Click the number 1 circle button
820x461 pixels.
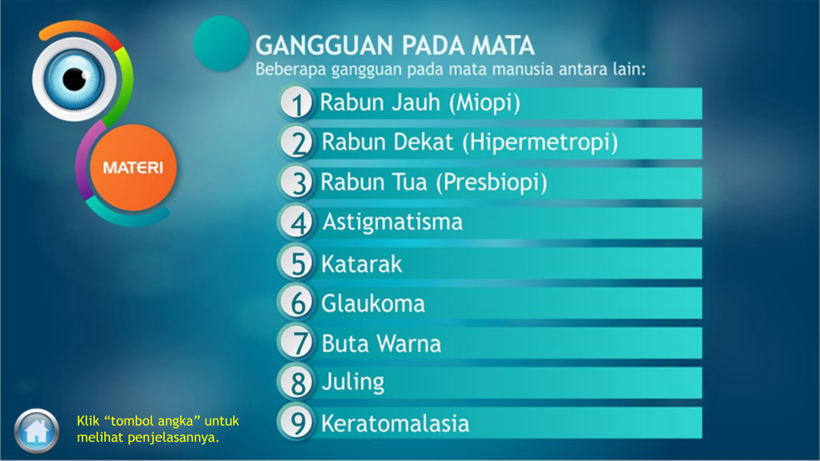tap(296, 103)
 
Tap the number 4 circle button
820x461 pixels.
tap(296, 222)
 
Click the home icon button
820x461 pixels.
tap(37, 431)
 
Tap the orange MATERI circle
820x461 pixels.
tap(133, 168)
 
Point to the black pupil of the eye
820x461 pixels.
tap(75, 79)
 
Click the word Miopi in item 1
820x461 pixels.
tap(484, 103)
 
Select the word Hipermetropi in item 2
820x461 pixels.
tap(540, 143)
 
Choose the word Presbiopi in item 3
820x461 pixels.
tap(491, 182)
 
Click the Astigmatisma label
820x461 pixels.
tap(393, 222)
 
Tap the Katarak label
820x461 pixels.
tap(362, 264)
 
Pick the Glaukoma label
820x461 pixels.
tap(373, 303)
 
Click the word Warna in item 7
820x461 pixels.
tap(409, 344)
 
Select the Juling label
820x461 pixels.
tap(353, 382)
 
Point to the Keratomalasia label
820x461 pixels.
tap(395, 423)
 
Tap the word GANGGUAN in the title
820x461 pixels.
tap(324, 45)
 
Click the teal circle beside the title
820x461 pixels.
tap(221, 43)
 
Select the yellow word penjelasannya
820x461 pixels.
tap(174, 437)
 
